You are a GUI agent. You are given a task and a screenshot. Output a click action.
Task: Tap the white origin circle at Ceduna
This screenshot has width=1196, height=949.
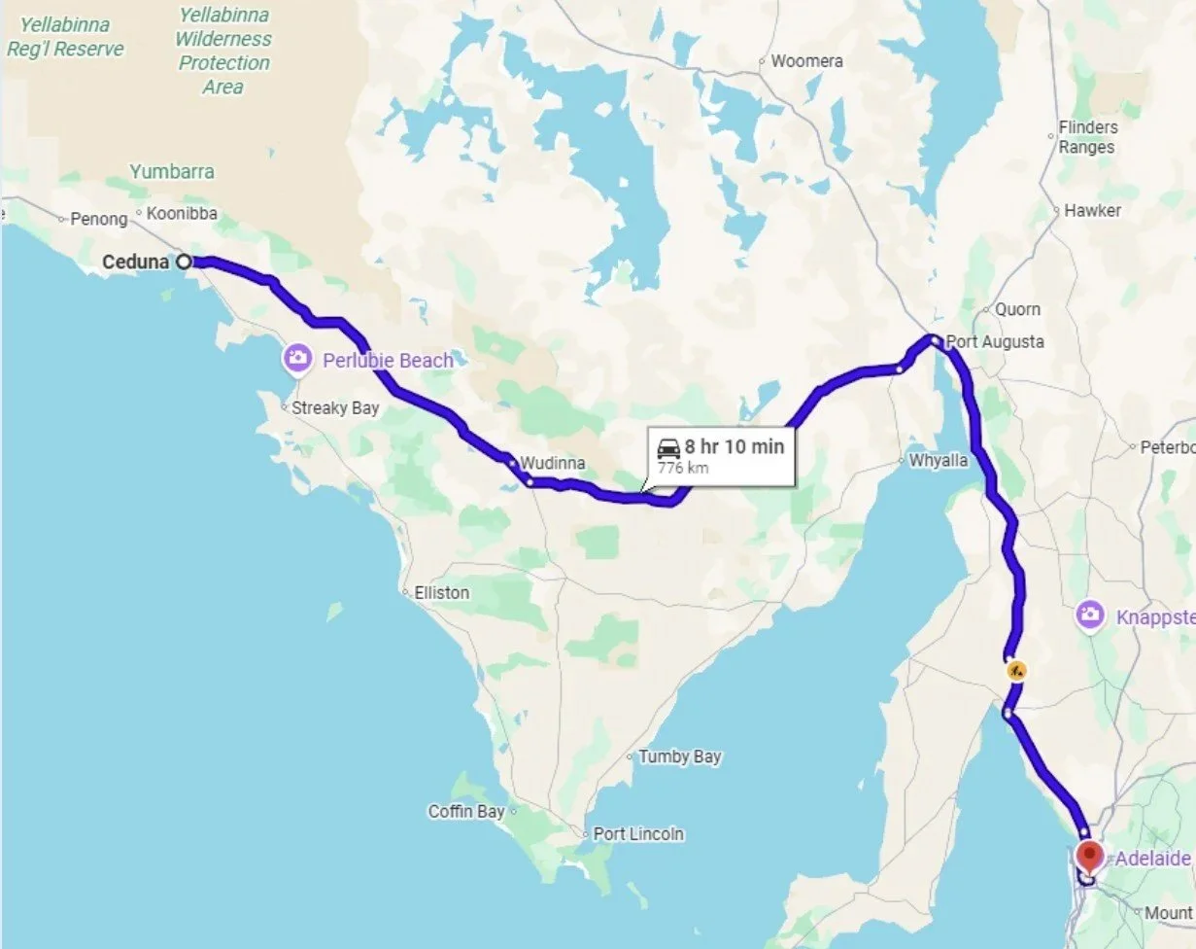click(184, 262)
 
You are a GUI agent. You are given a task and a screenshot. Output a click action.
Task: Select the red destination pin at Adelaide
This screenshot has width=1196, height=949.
click(1089, 856)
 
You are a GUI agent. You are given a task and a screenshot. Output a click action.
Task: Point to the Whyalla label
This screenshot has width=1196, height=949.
click(939, 460)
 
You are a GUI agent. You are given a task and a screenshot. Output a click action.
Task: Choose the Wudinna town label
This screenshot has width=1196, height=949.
click(553, 463)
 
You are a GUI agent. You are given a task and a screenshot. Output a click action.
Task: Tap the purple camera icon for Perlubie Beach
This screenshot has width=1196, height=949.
click(297, 360)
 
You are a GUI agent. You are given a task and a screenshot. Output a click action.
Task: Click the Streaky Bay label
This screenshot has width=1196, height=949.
click(335, 407)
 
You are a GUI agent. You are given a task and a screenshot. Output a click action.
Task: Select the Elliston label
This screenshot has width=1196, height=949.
click(441, 592)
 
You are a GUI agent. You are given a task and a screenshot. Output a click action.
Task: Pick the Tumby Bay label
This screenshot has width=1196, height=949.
click(679, 756)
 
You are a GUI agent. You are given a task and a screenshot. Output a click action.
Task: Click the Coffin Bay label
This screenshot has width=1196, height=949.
click(466, 811)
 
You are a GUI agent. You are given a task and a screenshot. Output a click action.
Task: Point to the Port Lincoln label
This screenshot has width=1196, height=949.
click(638, 834)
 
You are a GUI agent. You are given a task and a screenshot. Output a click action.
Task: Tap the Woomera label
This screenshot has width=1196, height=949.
click(806, 61)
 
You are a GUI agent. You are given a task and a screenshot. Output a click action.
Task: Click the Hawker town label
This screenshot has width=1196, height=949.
click(1092, 210)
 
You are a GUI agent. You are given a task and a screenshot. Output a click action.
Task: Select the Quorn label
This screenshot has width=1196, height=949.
click(1017, 309)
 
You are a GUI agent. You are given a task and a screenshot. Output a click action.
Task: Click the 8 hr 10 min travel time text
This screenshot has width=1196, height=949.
click(734, 446)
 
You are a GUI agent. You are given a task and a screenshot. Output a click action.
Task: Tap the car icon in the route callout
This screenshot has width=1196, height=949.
click(668, 448)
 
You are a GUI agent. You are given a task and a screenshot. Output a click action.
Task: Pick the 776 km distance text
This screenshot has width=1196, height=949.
click(683, 468)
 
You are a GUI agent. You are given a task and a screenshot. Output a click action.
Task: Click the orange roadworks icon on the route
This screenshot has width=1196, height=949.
click(1016, 670)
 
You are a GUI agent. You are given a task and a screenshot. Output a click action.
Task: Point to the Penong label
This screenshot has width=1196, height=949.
click(99, 220)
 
